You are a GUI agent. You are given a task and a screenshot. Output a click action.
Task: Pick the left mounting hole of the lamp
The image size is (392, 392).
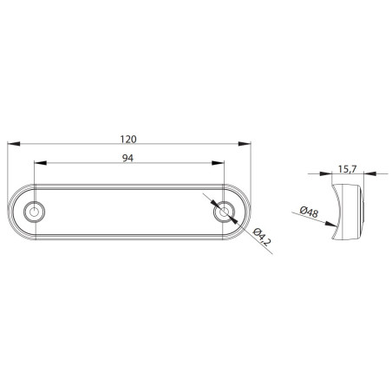coord(35,212)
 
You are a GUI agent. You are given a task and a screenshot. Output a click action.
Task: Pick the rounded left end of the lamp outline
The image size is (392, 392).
coord(19,212)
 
